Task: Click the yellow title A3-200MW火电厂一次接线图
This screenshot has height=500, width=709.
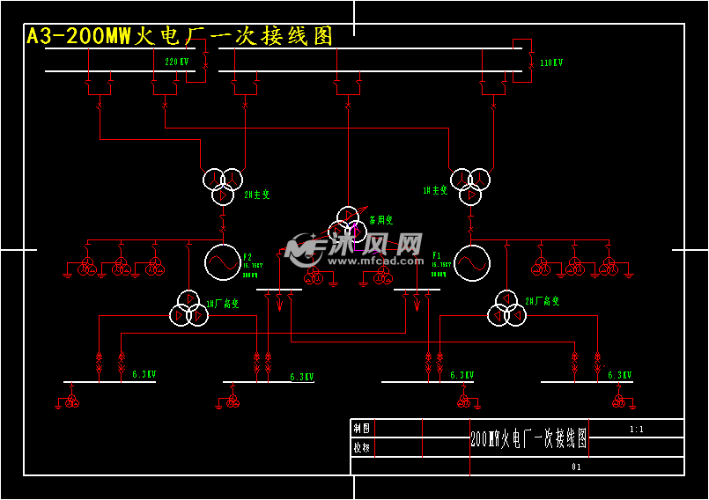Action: [x=181, y=36]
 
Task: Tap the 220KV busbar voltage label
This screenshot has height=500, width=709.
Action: [x=177, y=62]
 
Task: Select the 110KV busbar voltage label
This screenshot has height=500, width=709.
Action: [x=551, y=63]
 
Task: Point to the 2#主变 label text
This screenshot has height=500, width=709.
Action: [x=256, y=195]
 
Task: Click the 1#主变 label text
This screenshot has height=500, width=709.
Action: [x=435, y=189]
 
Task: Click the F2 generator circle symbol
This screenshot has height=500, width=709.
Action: [x=222, y=261]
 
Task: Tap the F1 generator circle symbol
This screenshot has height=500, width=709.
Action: [x=472, y=262]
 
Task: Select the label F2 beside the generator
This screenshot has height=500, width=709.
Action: [x=248, y=256]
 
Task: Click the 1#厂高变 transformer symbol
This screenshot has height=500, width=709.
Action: [x=188, y=307]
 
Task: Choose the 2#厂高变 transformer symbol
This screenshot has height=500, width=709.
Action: [x=506, y=307]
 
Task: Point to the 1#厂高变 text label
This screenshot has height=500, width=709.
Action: [x=222, y=304]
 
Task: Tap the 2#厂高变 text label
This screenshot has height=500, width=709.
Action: [x=543, y=301]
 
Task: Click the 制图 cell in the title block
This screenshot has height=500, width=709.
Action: [x=362, y=429]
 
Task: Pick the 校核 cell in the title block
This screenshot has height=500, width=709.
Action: [x=362, y=447]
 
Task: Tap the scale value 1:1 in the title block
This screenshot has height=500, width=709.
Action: [x=637, y=430]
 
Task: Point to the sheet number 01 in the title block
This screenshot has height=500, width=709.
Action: [x=577, y=467]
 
